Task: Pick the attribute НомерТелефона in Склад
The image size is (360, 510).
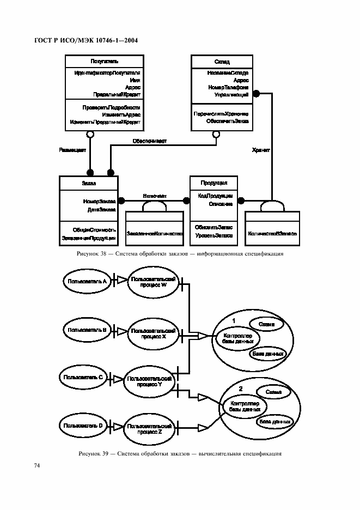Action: [x=228, y=87]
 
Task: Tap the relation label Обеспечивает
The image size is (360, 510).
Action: [x=149, y=141]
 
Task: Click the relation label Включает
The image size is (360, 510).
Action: [x=154, y=195]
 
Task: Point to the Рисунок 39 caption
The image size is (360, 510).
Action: [x=180, y=453]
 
